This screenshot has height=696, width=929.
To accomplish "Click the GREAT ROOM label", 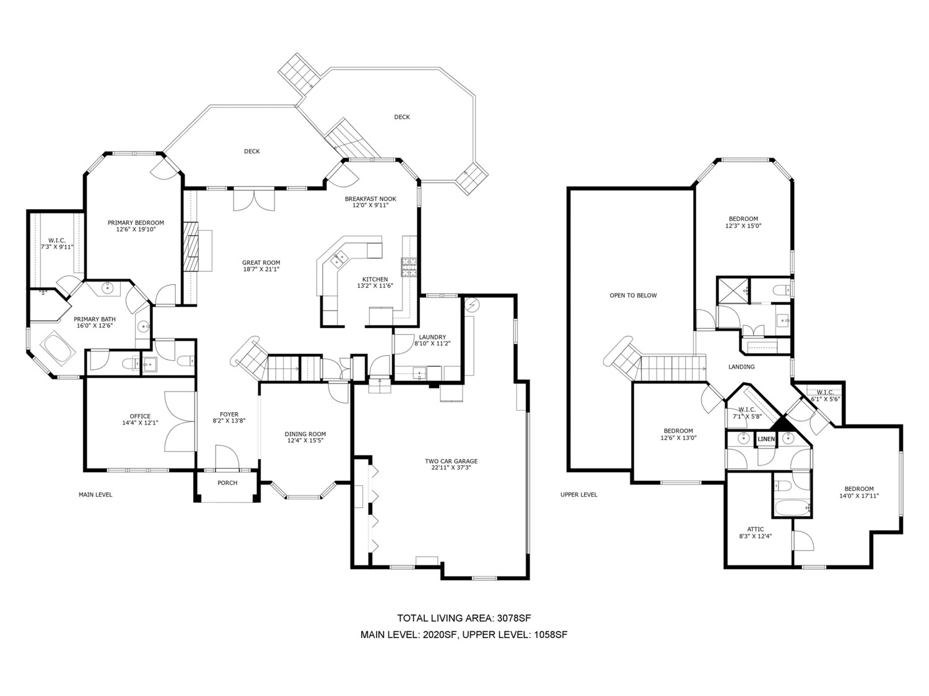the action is click(x=261, y=262).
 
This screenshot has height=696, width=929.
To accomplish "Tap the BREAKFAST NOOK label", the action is click(x=370, y=199).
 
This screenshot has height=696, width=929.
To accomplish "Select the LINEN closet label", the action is click(x=766, y=439).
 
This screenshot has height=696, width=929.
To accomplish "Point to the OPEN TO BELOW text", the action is click(x=633, y=295).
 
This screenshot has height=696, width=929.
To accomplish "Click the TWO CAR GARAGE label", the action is click(x=451, y=461).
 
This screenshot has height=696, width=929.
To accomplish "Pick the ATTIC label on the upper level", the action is click(x=756, y=529).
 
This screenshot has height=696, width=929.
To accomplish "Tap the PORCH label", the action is click(x=227, y=483).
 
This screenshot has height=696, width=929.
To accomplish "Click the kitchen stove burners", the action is click(x=409, y=267).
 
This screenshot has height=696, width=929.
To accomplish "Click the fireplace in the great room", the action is click(x=191, y=245).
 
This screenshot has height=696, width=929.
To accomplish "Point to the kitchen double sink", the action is click(x=339, y=259).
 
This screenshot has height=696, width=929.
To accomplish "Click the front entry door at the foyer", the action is click(x=227, y=457).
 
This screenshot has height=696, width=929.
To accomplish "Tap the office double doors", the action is click(x=180, y=421).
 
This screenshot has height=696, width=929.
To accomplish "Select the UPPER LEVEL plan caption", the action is click(x=578, y=494).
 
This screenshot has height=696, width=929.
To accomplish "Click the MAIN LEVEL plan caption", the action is click(x=95, y=494).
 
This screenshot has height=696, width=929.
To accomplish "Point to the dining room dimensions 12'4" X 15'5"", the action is click(x=305, y=440).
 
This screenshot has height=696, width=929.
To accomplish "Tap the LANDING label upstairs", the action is click(x=741, y=367).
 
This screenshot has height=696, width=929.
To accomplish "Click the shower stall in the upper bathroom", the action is click(x=733, y=290).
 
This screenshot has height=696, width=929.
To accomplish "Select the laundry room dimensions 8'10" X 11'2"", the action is click(x=432, y=343).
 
